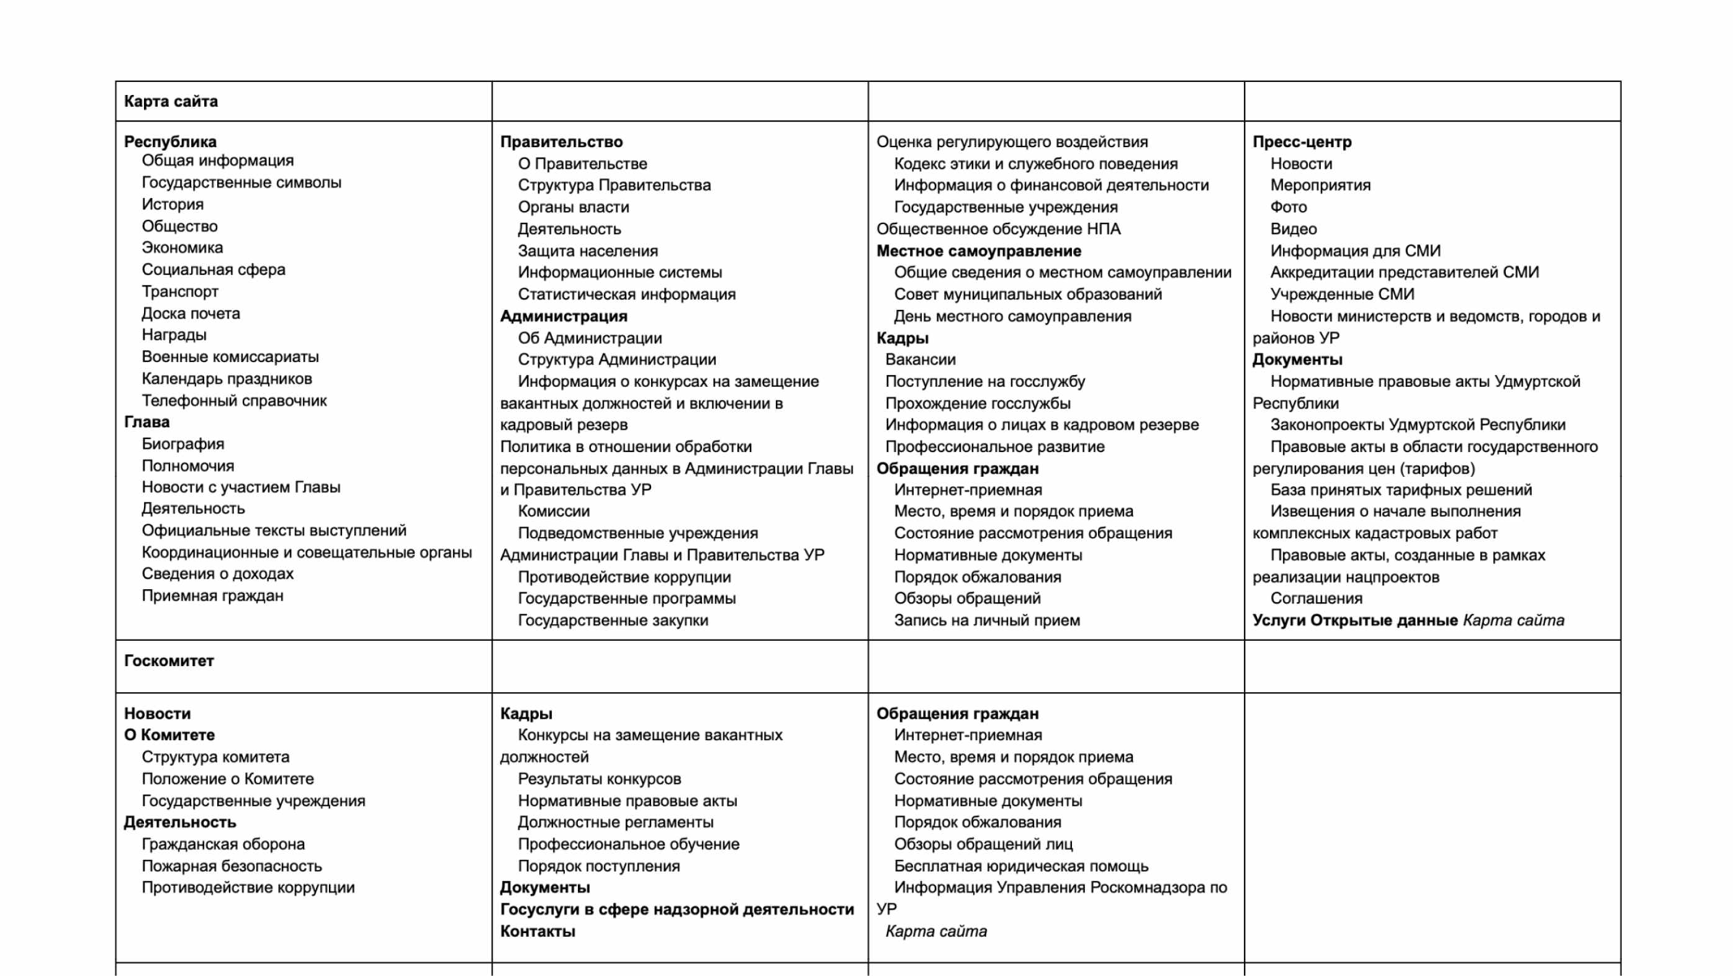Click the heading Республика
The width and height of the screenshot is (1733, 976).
pos(170,142)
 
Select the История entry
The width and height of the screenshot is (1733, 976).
pos(172,204)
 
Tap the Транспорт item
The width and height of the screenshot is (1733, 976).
pos(179,291)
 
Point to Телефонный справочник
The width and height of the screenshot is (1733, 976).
pos(233,400)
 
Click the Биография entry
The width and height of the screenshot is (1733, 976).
pos(182,443)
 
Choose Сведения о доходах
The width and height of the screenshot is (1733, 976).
pos(217,574)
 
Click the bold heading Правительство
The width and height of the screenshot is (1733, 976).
pos(561,142)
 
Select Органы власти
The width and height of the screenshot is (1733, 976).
pos(573,207)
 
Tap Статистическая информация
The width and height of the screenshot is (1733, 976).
pos(626,294)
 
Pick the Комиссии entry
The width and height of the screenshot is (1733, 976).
pos(553,511)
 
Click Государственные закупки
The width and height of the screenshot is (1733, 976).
pos(612,620)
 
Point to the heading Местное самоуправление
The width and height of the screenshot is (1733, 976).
pos(978,250)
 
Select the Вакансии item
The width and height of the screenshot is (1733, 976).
pos(920,359)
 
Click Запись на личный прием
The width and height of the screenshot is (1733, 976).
pos(986,620)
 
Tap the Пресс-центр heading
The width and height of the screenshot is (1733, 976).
pos(1301,142)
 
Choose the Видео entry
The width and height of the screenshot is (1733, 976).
pos(1293,229)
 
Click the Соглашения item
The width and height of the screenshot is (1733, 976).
pos(1316,598)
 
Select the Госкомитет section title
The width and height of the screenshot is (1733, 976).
pos(169,661)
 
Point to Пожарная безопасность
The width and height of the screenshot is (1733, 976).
pos(232,865)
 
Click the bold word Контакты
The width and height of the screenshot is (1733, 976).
pos(538,931)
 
